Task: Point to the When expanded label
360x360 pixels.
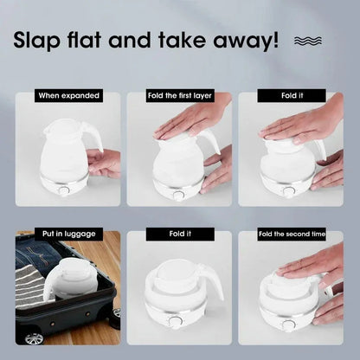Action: (x=68, y=96)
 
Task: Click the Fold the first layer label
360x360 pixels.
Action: (x=179, y=96)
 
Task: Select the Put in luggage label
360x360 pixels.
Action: (x=68, y=234)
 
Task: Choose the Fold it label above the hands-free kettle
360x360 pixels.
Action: (x=179, y=234)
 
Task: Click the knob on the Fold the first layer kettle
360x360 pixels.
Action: (x=178, y=196)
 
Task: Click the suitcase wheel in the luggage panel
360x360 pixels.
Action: (x=31, y=338)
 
